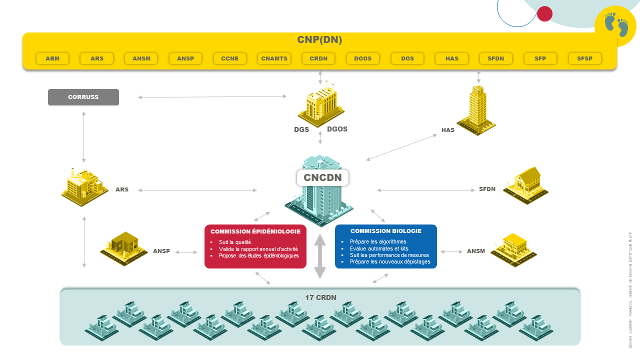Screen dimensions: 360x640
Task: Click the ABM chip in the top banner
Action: (x=52, y=58)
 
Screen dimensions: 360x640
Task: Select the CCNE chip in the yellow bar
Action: (x=230, y=58)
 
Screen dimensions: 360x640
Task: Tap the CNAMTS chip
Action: (x=274, y=58)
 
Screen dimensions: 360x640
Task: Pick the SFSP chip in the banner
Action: (x=584, y=58)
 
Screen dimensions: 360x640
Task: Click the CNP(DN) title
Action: (x=319, y=40)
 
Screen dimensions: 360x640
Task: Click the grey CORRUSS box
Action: (x=83, y=97)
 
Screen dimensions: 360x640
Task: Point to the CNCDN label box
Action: (x=322, y=177)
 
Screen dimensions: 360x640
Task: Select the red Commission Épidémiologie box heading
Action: (x=255, y=231)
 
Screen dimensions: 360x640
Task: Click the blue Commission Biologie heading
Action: (x=386, y=231)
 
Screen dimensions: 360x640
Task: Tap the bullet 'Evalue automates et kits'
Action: (x=379, y=248)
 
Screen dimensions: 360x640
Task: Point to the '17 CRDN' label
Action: (x=320, y=297)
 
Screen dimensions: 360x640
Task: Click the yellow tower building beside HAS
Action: (x=477, y=110)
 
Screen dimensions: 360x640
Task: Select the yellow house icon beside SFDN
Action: (x=525, y=184)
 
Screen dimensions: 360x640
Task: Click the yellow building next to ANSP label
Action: (x=124, y=247)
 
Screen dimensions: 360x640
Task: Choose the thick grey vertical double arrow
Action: (x=320, y=256)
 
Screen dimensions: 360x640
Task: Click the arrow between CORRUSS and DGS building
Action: (x=212, y=96)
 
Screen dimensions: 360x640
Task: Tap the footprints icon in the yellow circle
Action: (x=615, y=25)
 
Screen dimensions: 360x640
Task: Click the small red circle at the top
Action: (x=544, y=13)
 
